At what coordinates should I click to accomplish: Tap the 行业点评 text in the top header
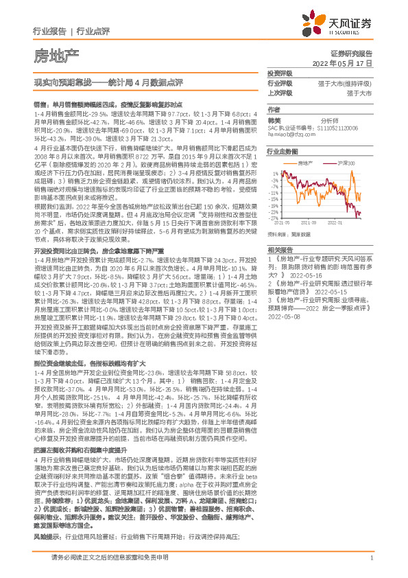tap(93, 31)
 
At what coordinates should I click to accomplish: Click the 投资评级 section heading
tap(280, 73)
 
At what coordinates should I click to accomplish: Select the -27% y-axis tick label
tap(274, 218)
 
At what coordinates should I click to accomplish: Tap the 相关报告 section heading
tap(280, 249)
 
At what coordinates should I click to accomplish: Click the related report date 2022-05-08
tap(285, 319)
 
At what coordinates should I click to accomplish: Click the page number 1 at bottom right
tap(370, 566)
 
